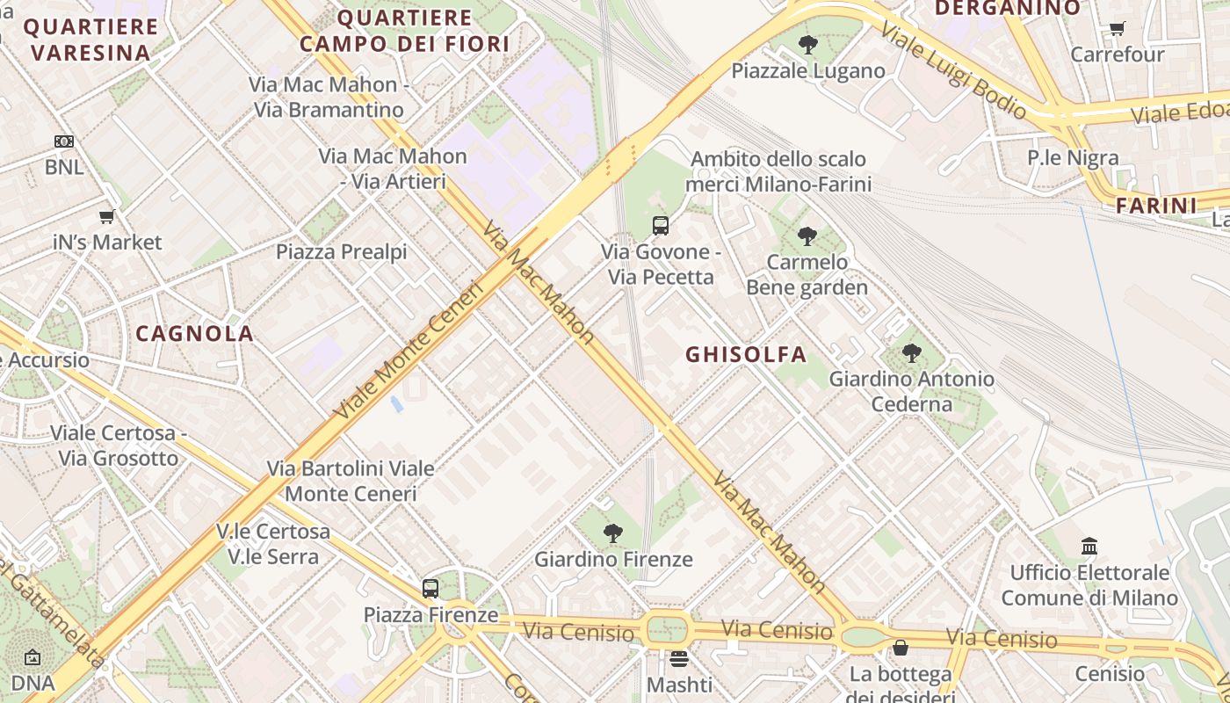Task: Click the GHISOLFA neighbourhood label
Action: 745,355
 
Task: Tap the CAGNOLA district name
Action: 195,334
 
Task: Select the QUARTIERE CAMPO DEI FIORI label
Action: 405,31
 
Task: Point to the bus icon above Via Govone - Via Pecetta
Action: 661,226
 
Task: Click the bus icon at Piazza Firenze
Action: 430,589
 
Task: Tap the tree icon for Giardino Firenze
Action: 613,533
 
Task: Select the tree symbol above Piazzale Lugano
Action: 808,44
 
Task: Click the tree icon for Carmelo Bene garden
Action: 807,236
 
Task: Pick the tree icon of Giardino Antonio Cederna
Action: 912,354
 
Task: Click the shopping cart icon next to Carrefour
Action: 1117,28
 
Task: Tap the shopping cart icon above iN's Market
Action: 107,216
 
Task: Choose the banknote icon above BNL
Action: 64,141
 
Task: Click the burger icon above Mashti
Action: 679,658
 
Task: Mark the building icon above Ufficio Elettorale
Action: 1089,547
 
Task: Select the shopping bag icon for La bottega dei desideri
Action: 901,649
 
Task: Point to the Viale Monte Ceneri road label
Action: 409,349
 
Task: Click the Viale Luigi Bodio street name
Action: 952,70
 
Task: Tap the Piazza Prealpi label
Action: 342,252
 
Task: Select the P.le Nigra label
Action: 1073,158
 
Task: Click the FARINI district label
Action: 1156,207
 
